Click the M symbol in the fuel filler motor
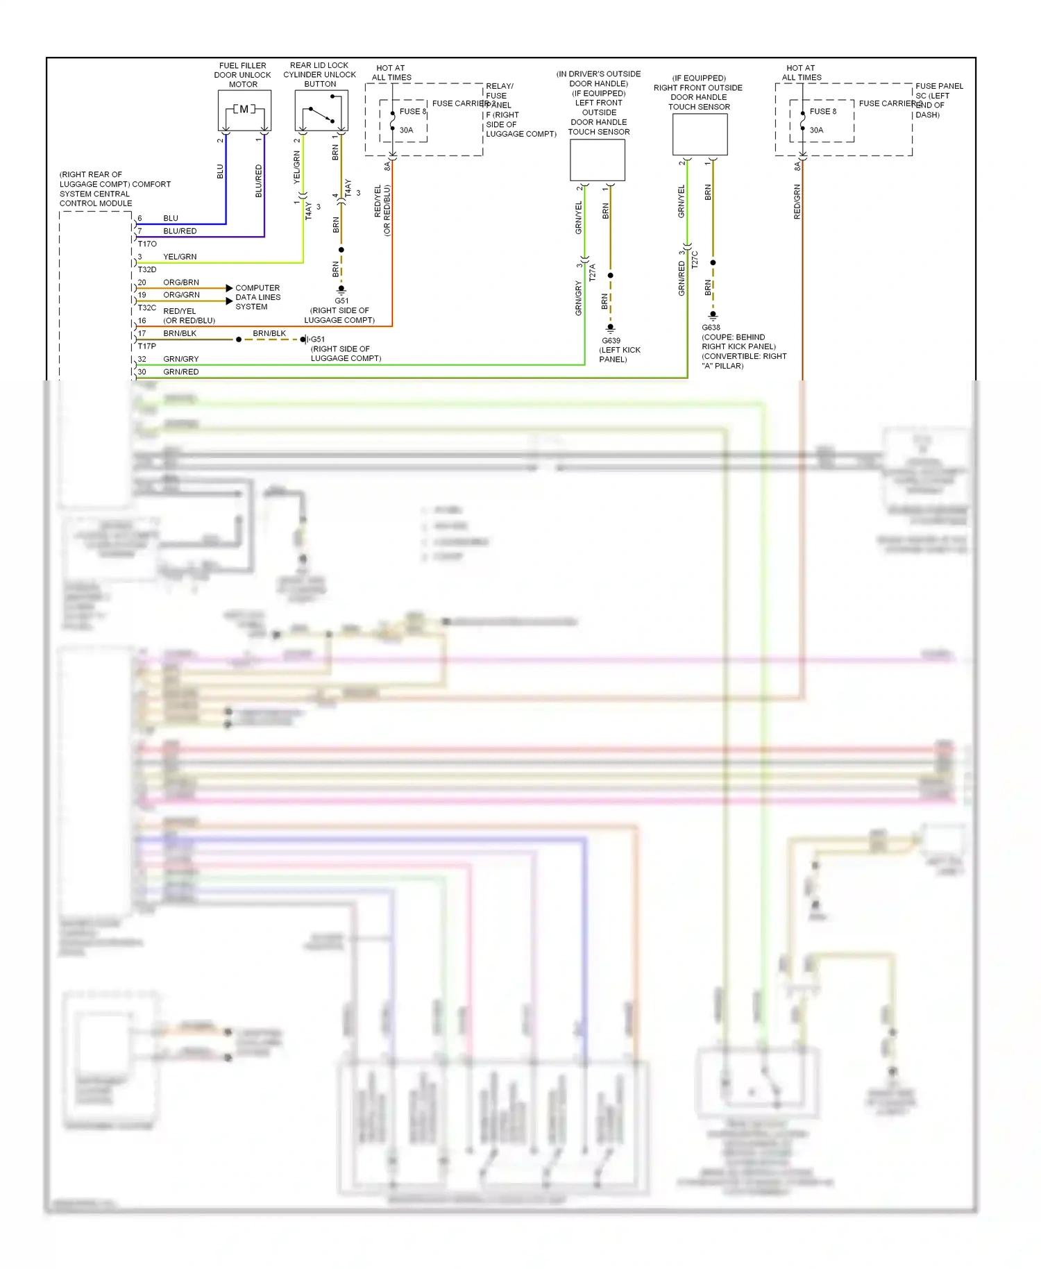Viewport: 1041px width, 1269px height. tap(244, 109)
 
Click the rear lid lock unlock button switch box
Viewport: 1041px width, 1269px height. tap(321, 110)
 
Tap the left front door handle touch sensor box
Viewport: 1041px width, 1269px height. tap(598, 160)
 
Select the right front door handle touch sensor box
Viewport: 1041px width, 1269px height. tap(700, 134)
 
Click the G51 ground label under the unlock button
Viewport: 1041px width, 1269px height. tap(341, 301)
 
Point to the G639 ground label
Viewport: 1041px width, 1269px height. tap(611, 340)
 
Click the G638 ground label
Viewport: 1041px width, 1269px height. tap(711, 327)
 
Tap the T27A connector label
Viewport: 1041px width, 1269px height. tap(592, 272)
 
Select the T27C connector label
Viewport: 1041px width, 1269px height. tap(695, 260)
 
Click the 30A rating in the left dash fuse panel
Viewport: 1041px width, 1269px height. tap(816, 130)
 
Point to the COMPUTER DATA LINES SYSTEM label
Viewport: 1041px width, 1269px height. tap(257, 297)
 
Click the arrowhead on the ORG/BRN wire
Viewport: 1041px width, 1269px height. tap(229, 287)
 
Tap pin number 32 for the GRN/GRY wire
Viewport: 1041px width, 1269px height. tap(142, 359)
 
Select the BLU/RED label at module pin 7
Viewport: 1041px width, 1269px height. tap(180, 231)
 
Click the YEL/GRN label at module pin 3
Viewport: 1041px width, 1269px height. tap(180, 257)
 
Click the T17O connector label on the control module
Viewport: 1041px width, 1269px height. tap(147, 244)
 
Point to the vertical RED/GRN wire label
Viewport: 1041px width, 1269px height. tap(797, 202)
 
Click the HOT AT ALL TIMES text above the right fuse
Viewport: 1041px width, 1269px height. tap(802, 73)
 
